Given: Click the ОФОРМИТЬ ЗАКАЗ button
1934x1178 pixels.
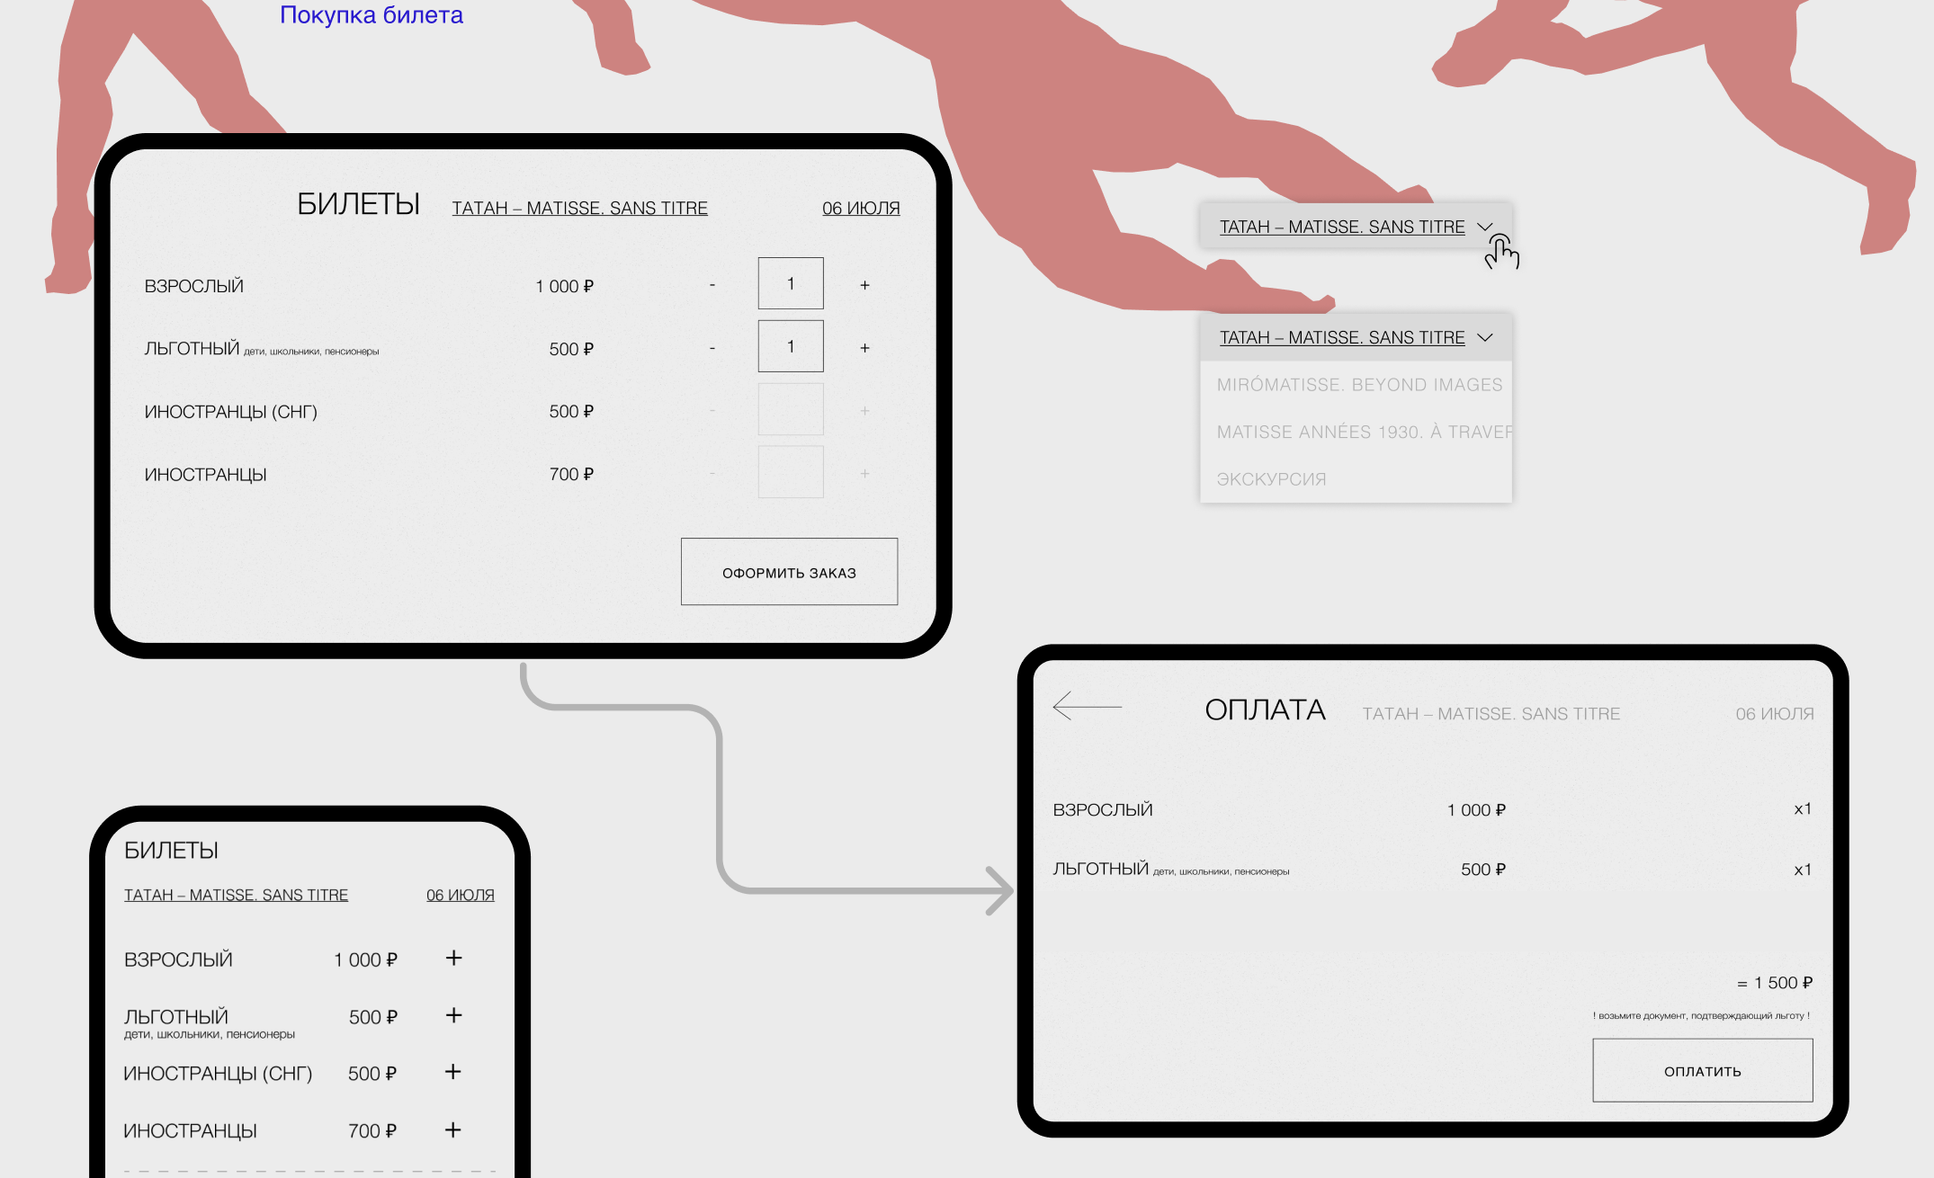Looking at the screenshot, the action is [789, 572].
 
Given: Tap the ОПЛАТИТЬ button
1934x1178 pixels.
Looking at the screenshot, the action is [1702, 1070].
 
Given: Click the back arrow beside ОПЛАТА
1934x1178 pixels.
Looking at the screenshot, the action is [1087, 706].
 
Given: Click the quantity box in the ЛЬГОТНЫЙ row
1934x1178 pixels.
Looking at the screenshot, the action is [791, 346].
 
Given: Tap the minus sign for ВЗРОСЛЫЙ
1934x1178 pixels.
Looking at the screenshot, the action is [712, 285].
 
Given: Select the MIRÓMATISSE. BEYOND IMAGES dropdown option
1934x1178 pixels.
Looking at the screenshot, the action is [1359, 385].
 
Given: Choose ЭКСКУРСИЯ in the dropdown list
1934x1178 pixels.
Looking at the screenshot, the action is [1271, 479].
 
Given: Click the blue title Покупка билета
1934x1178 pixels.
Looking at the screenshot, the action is [372, 15].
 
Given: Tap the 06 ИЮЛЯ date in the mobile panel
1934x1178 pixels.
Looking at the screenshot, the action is [461, 895].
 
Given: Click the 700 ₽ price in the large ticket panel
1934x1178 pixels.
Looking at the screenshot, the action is [571, 474].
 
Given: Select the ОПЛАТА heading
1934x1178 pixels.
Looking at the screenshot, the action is [1265, 709].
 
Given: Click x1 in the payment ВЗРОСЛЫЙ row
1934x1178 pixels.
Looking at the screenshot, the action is [1803, 809].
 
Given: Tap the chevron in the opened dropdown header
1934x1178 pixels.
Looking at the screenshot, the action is [1485, 337].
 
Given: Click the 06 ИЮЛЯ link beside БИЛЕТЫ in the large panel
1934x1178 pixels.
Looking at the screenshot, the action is [861, 208].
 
